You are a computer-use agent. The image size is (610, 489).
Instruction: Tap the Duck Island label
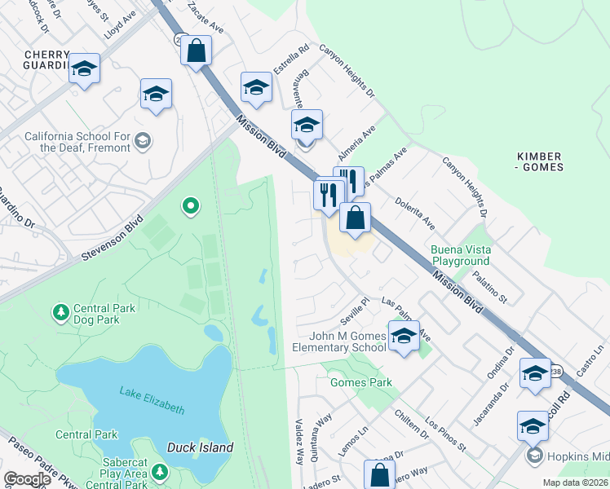200,447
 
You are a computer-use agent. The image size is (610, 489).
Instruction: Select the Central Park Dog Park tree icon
60,312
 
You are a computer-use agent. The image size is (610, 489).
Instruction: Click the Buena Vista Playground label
460,255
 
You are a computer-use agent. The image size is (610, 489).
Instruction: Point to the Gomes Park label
360,382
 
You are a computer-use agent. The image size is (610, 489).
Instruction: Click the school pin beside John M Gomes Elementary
404,336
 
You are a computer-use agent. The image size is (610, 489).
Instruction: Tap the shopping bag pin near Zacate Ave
196,51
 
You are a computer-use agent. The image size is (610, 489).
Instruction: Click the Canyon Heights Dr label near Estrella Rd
347,71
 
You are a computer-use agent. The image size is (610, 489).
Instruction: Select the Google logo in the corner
27,479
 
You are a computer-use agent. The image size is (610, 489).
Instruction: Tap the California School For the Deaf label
77,142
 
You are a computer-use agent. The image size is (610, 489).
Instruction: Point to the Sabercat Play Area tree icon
160,471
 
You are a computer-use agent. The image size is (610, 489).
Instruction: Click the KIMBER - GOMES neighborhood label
540,161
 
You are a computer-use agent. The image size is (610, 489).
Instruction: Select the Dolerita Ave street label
415,211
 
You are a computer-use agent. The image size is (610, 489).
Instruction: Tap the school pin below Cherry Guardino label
84,69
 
